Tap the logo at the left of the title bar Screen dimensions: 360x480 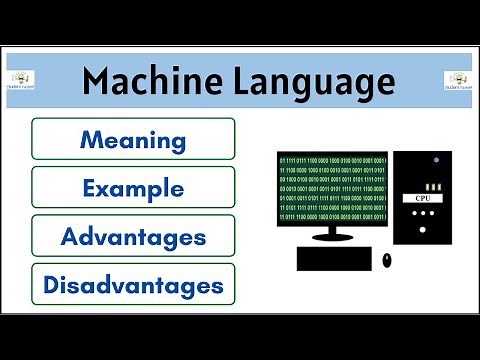(21, 81)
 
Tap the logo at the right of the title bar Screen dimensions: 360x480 (458, 81)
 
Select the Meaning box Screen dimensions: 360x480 (133, 138)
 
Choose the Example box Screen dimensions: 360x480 (133, 187)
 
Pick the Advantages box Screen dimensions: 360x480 (133, 236)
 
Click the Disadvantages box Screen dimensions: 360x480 (133, 285)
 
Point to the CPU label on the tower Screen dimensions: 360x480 (422, 199)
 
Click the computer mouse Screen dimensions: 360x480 (387, 260)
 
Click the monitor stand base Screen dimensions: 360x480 (333, 237)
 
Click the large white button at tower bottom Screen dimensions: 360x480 (422, 256)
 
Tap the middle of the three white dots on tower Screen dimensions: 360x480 (422, 228)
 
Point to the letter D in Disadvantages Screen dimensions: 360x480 (51, 285)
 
